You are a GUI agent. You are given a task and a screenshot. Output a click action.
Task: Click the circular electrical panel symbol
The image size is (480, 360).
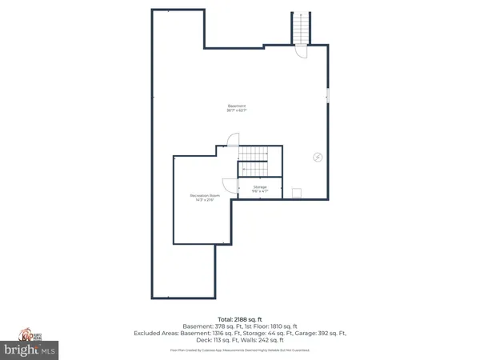click(x=317, y=157)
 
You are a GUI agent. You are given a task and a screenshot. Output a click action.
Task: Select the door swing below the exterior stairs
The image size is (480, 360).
click(x=301, y=51)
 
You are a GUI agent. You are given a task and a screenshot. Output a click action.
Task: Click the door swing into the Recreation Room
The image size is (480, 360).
click(x=229, y=185)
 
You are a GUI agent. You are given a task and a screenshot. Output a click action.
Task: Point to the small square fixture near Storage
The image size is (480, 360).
click(x=296, y=192)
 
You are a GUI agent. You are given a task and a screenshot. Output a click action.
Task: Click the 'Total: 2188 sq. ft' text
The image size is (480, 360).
click(x=240, y=319)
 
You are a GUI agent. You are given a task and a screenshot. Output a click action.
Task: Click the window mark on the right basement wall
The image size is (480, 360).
click(x=327, y=97)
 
